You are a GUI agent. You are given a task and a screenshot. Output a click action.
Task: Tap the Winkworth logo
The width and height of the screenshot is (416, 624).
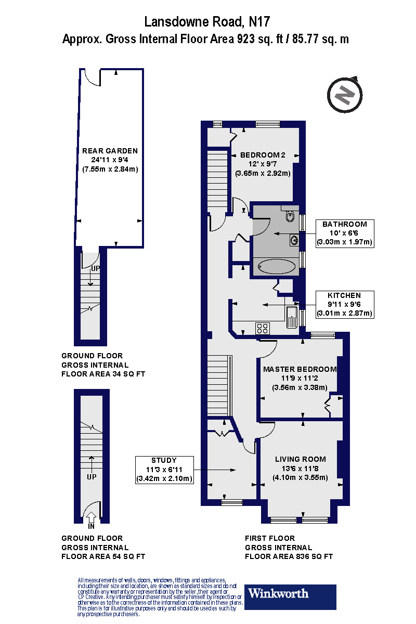(x=290, y=597)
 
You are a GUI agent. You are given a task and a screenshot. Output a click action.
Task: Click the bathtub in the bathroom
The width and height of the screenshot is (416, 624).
(x=277, y=267)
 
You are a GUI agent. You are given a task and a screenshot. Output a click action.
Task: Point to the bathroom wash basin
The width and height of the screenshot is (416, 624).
(x=294, y=240)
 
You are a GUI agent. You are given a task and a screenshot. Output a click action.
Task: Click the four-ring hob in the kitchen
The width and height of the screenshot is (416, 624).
(x=263, y=328)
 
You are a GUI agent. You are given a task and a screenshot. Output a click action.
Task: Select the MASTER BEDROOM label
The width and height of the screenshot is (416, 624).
(x=300, y=369)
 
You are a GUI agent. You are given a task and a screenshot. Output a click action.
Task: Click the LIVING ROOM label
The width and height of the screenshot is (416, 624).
(x=301, y=459)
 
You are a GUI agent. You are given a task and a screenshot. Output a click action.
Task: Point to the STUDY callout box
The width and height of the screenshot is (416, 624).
(x=164, y=470)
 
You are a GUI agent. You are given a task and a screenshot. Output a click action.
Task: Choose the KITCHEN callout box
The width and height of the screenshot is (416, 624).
(x=345, y=304)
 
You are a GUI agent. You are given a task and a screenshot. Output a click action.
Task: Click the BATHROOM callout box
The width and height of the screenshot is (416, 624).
(x=345, y=233)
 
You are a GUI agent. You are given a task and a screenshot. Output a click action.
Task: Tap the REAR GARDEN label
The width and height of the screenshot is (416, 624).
(x=110, y=151)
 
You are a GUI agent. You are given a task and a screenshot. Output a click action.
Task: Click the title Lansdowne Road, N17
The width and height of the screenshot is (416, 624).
(x=207, y=22)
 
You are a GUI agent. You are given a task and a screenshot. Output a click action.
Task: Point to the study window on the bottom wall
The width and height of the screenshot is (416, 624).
(x=232, y=502)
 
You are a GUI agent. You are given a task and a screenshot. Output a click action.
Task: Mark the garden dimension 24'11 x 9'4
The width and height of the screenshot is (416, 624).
(x=110, y=160)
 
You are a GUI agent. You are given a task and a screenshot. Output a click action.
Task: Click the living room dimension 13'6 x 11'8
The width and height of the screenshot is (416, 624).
(x=301, y=469)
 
